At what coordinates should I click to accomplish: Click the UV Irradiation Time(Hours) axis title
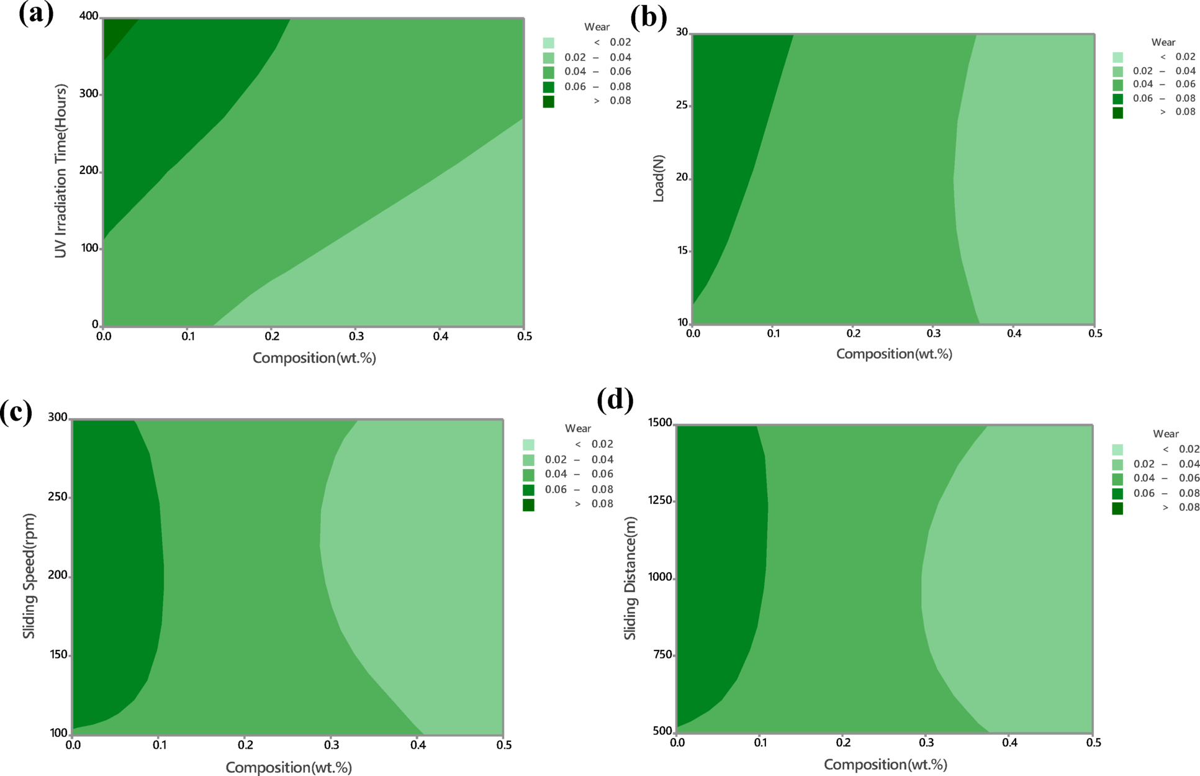(x=60, y=171)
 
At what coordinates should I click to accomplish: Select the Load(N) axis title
(x=659, y=178)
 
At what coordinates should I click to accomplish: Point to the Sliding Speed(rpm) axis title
(x=29, y=576)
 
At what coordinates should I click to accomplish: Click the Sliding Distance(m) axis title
(x=630, y=578)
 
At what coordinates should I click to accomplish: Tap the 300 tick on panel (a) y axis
(x=89, y=94)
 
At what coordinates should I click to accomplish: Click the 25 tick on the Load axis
(x=682, y=106)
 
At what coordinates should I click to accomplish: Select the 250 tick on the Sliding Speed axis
(x=58, y=498)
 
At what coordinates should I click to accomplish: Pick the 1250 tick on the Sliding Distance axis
(x=659, y=500)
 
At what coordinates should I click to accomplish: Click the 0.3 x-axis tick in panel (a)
(x=356, y=336)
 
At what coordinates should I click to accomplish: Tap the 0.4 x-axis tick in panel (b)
(x=1014, y=334)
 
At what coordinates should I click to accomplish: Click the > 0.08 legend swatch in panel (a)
(x=548, y=101)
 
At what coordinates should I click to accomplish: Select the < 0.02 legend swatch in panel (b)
(x=1117, y=57)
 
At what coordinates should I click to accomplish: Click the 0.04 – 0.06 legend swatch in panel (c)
(x=528, y=475)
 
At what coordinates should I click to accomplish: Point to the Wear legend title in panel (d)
(x=1165, y=434)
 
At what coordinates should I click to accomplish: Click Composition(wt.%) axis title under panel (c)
(x=289, y=767)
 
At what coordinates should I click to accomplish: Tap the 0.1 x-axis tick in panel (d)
(x=760, y=742)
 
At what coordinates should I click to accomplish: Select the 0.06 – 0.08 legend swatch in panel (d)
(x=1117, y=493)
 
